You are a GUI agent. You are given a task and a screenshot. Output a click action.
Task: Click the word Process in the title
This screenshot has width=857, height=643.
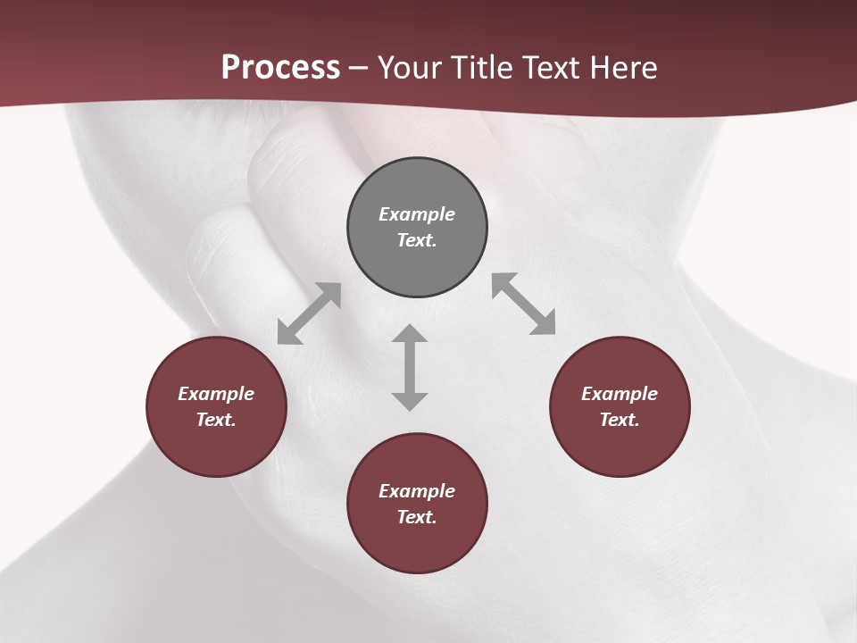coord(280,67)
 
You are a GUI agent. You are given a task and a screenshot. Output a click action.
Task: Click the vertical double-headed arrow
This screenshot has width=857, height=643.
coord(410,367)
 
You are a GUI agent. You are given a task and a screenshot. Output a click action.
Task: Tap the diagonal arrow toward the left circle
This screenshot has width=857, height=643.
coord(309,313)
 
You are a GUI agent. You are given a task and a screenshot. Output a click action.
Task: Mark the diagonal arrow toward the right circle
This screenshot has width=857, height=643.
coord(524,304)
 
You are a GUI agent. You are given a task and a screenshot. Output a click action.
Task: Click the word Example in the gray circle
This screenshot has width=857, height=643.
coord(417,214)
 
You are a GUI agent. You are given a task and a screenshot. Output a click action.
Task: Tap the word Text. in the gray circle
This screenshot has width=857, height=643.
coord(417,240)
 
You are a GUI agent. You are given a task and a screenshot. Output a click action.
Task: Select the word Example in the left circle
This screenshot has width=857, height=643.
coord(216,394)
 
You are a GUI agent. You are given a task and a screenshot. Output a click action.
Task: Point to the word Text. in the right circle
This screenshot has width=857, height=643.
coord(620,420)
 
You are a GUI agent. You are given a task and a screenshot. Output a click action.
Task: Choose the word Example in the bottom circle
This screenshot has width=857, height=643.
coord(417,491)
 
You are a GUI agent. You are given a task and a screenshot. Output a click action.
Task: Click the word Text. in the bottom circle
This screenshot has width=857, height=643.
coord(417,517)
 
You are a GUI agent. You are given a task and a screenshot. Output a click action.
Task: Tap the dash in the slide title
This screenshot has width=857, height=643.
coord(358,68)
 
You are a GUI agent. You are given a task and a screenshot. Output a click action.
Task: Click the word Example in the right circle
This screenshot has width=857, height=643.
coord(620,394)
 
